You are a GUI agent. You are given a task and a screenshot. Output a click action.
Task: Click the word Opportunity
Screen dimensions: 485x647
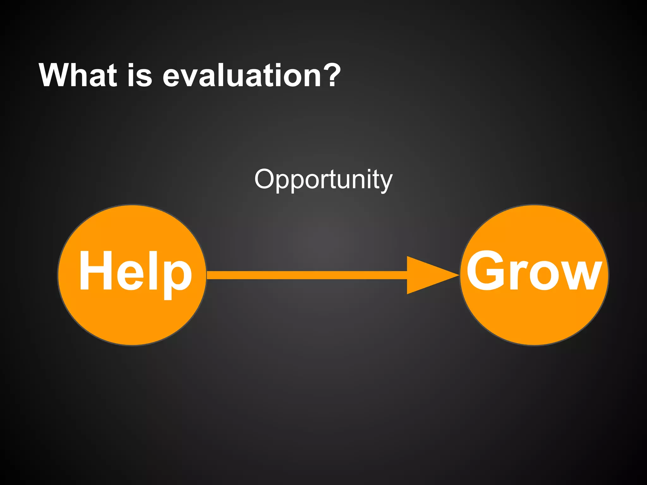(323, 179)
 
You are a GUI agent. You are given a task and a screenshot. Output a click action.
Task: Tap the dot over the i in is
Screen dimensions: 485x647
(132, 65)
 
